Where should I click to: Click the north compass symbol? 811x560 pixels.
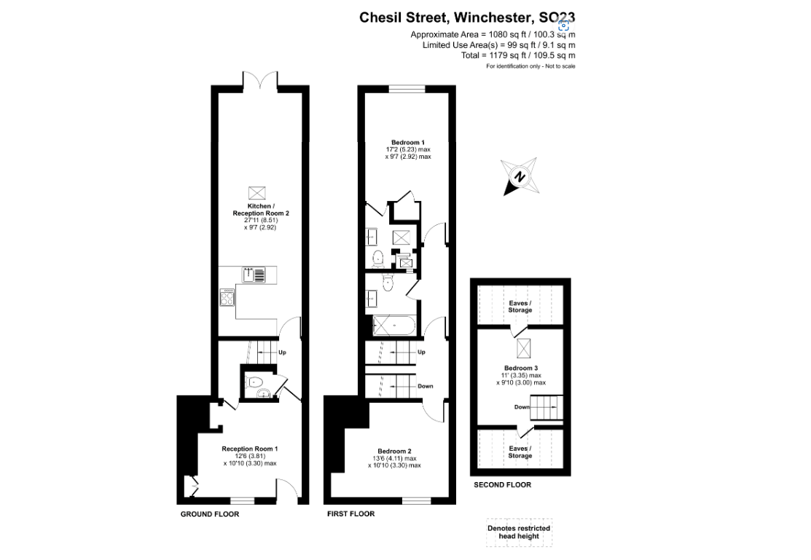tap(520, 176)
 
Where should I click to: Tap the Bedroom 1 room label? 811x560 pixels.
tap(408, 142)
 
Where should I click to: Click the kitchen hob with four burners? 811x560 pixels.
tap(227, 299)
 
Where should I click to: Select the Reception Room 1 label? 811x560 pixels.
tap(250, 449)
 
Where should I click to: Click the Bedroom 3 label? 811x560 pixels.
tap(520, 368)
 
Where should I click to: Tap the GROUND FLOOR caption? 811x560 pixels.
tap(210, 514)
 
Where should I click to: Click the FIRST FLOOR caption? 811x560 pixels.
tap(350, 514)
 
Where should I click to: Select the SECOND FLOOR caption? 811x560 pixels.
tap(502, 485)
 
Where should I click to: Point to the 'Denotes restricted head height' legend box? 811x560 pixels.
tap(520, 532)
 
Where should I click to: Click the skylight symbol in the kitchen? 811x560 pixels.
tap(256, 193)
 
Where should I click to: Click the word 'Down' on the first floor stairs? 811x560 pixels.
tap(426, 386)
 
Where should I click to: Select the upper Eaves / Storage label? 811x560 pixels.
tap(520, 307)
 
